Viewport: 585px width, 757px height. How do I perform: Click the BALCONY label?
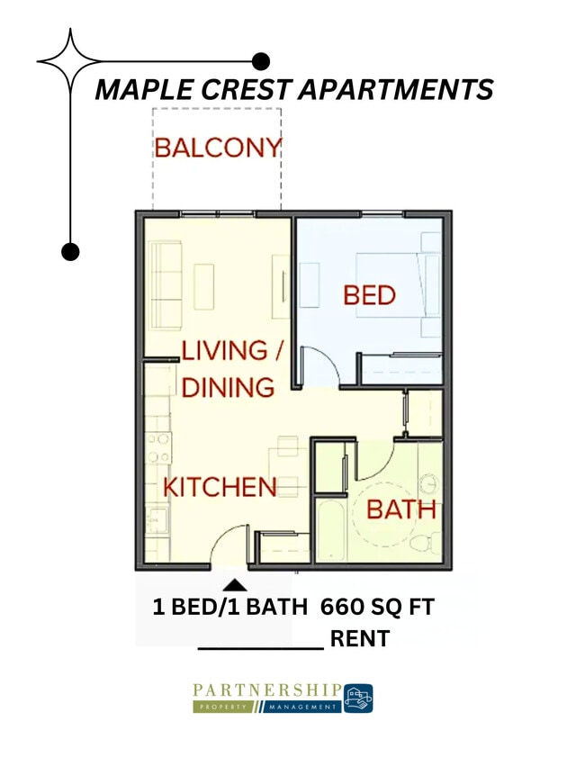click(217, 147)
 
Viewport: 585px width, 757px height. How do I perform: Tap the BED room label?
click(369, 294)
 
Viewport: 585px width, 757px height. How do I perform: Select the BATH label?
click(400, 509)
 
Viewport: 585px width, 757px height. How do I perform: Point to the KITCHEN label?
click(220, 487)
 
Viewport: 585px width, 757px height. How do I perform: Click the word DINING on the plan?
click(228, 387)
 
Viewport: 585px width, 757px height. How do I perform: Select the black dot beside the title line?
click(261, 61)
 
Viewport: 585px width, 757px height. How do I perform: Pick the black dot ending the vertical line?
click(70, 251)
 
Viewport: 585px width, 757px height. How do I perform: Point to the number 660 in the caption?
click(340, 608)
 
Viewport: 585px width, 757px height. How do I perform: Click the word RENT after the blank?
click(360, 639)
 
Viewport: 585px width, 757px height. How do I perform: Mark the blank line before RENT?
click(260, 646)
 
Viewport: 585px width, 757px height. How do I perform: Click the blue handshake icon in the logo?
click(358, 698)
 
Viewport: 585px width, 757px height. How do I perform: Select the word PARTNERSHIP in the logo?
click(266, 689)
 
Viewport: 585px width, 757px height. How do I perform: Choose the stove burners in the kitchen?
click(158, 447)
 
